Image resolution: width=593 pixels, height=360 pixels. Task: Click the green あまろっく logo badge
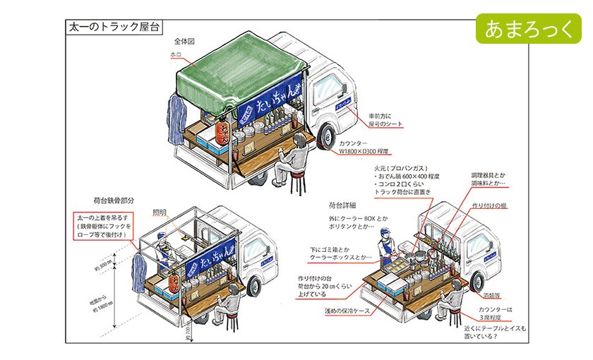pos(527,28)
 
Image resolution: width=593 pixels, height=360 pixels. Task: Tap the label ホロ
pos(176,54)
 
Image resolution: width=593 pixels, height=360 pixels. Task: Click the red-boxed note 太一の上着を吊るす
pos(104,225)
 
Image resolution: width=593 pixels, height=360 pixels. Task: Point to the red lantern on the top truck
pos(224,134)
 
